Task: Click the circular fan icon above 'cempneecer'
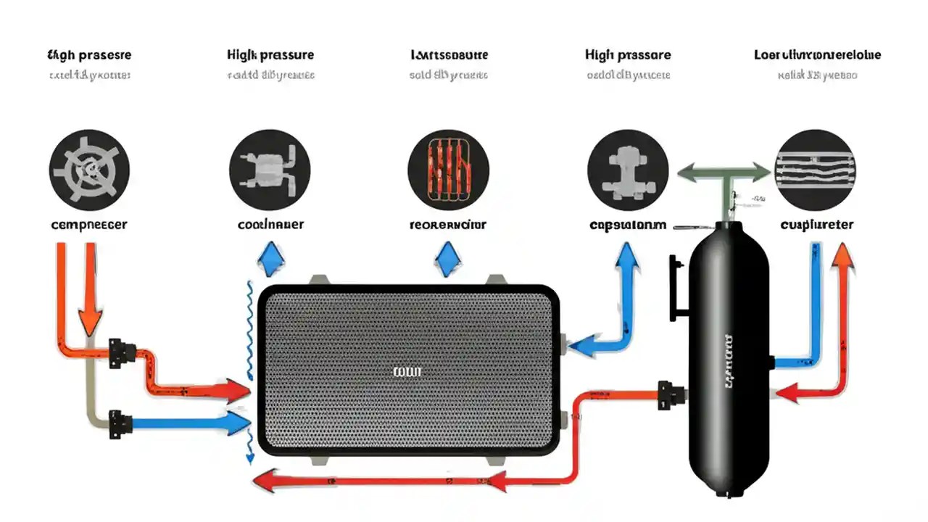click(89, 170)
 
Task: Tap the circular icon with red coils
click(448, 170)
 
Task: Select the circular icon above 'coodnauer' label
click(270, 170)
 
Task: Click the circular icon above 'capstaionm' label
click(627, 170)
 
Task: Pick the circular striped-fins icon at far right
click(816, 170)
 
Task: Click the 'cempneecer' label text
click(89, 225)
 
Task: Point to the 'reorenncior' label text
click(448, 225)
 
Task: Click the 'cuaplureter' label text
click(817, 225)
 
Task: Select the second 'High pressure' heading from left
click(270, 55)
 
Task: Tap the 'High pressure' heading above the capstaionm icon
click(627, 55)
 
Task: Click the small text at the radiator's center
click(407, 372)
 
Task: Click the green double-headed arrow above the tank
click(724, 173)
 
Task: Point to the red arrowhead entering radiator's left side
click(238, 391)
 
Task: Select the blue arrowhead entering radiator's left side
click(238, 424)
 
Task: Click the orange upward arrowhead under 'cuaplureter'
click(842, 255)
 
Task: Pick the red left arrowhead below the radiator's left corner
click(262, 480)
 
